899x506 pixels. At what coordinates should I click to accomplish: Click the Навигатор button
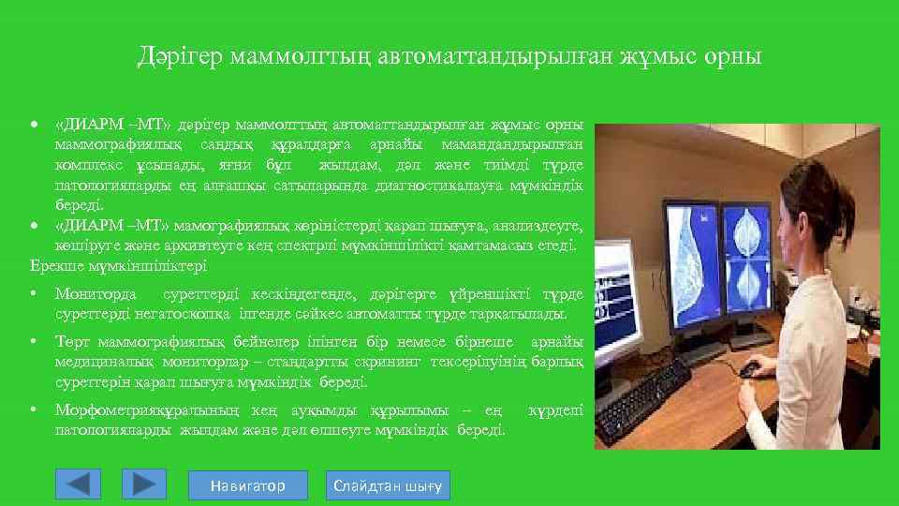pos(247,485)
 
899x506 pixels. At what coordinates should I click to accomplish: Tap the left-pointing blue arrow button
pos(79,484)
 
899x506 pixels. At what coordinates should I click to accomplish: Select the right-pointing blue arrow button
pos(143,484)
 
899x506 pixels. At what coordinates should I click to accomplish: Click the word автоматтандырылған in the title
pos(497,57)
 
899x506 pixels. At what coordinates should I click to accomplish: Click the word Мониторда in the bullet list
pos(96,294)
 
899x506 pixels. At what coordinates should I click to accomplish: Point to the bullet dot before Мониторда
pos(34,294)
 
